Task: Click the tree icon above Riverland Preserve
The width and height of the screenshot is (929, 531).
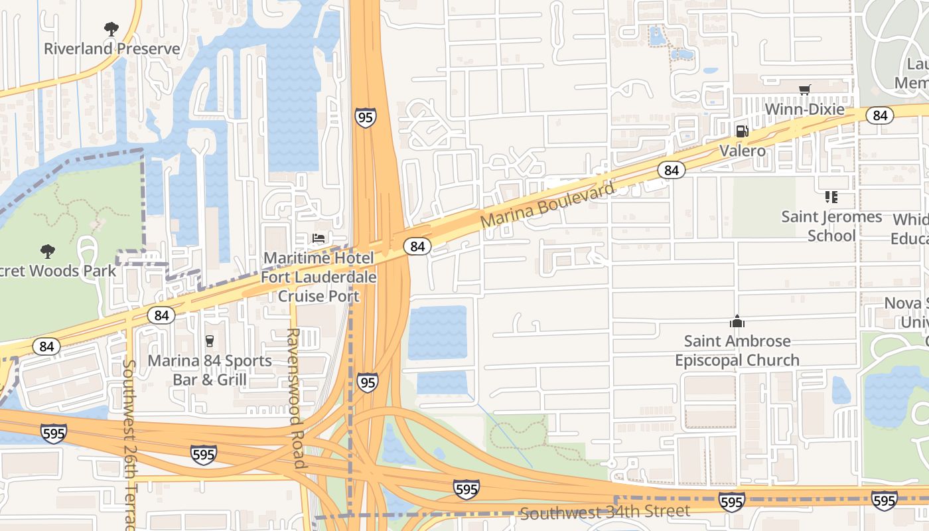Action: (x=111, y=29)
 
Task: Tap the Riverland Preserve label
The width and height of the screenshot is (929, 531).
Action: (x=111, y=48)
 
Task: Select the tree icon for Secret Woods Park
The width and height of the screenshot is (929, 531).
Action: (x=47, y=251)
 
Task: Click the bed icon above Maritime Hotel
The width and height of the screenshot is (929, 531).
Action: (x=319, y=238)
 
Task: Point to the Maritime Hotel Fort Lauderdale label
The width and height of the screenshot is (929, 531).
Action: (x=319, y=267)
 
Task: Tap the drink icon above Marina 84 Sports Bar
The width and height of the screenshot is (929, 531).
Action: (x=210, y=341)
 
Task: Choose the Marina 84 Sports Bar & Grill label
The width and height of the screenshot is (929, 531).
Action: (x=210, y=370)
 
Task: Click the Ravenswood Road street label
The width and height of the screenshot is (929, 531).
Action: (x=295, y=398)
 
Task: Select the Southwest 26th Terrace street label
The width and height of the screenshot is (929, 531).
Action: (x=129, y=445)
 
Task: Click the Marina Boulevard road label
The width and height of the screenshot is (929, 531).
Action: (x=548, y=206)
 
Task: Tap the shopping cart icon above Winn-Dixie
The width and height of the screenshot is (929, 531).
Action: (x=805, y=90)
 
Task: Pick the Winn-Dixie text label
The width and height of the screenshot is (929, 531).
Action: (x=805, y=109)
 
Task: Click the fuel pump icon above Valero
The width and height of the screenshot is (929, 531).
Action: (x=743, y=131)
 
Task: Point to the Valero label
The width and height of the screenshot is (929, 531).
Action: (x=743, y=151)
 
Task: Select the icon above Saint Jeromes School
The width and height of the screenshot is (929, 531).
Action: (x=831, y=197)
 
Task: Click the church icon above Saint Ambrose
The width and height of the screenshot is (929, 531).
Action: (x=737, y=322)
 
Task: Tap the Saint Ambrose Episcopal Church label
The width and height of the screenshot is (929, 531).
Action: (x=737, y=350)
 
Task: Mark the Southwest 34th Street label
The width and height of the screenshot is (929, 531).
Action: (x=605, y=512)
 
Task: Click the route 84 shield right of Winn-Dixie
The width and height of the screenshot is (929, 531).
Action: (x=880, y=115)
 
